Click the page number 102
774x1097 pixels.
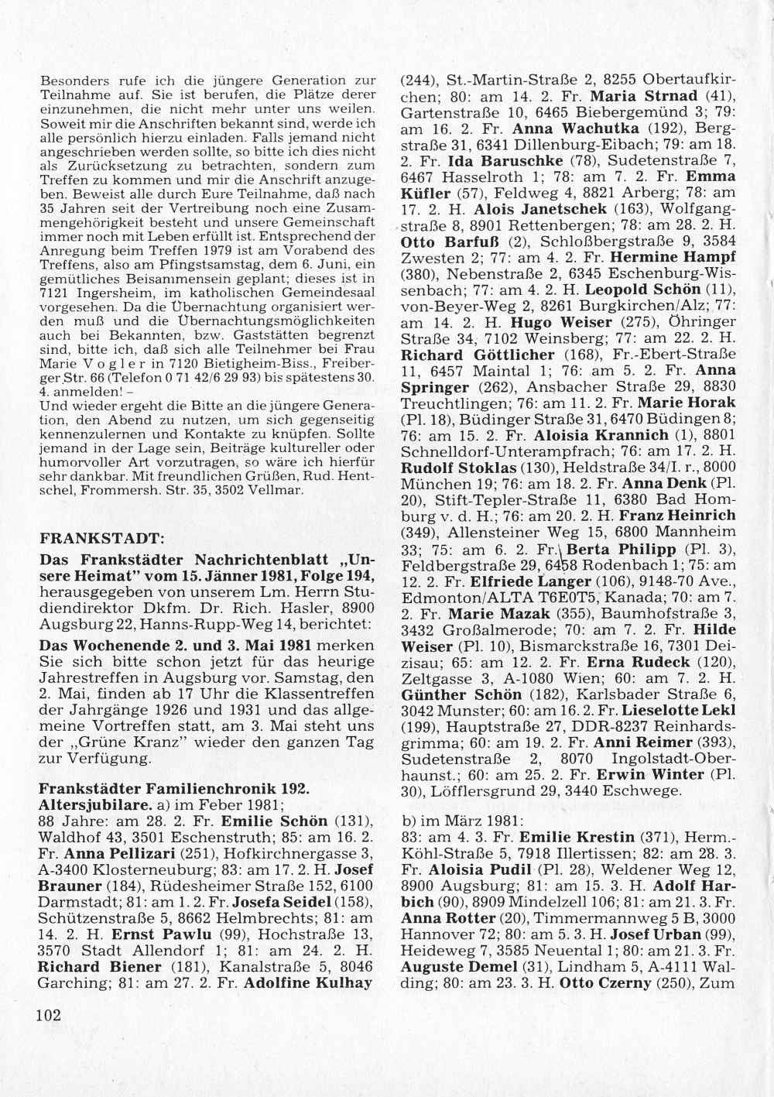tap(48, 1015)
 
